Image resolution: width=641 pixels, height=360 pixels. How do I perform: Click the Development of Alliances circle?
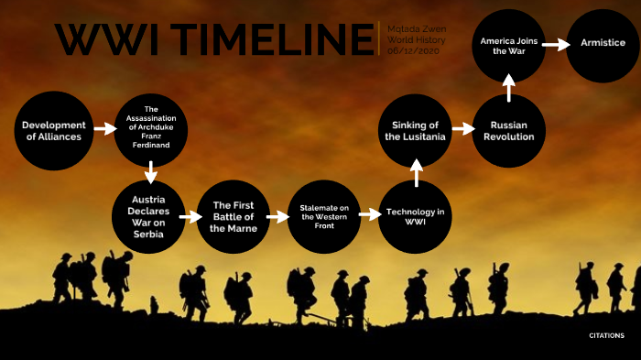coord(53,131)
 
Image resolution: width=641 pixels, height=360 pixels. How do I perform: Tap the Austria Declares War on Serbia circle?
coord(148,217)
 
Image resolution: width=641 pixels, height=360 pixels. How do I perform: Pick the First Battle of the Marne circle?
coord(233,217)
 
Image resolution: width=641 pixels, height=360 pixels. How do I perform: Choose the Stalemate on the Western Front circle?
coord(323,217)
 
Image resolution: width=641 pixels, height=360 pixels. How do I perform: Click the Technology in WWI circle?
coord(415,217)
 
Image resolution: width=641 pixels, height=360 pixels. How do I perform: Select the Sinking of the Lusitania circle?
coord(418,131)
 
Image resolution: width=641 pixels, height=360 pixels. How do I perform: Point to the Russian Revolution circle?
coord(509,131)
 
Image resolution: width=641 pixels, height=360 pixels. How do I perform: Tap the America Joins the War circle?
coord(509,45)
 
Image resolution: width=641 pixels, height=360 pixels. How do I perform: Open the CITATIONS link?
coord(606,335)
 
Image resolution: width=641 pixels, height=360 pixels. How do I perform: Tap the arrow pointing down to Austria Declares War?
coord(151,170)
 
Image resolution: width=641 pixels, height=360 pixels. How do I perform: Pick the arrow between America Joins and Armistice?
coord(555,44)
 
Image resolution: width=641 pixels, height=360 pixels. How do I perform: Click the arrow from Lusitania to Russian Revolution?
coord(462,131)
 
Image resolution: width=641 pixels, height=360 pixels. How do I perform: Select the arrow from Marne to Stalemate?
coord(277,217)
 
